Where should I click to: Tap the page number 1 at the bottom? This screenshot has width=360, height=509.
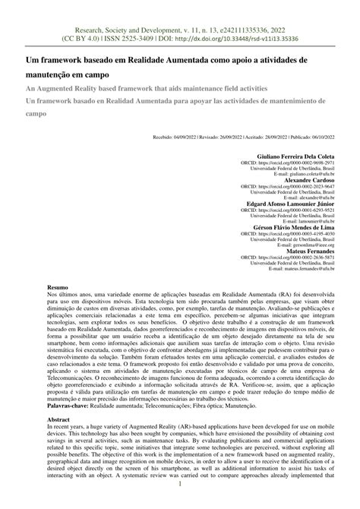(180, 502)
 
